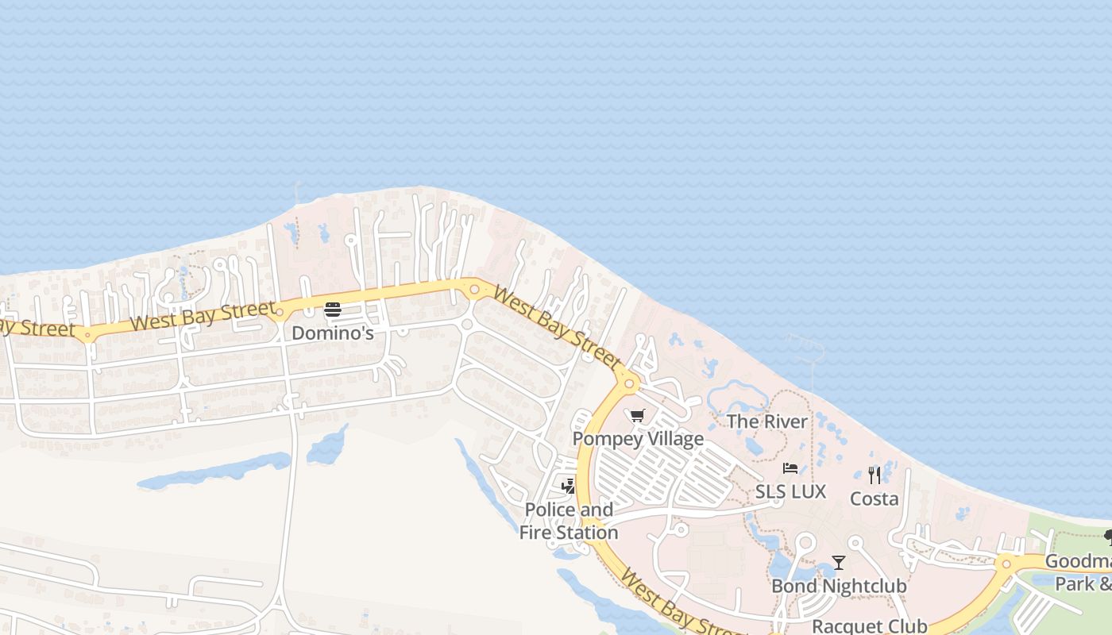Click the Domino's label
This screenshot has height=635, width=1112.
(332, 333)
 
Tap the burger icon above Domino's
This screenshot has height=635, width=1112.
(332, 310)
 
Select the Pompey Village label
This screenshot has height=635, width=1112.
(638, 439)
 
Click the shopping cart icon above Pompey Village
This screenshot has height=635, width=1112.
(637, 416)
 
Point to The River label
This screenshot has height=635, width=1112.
(766, 421)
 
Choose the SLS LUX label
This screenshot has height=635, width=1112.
(790, 492)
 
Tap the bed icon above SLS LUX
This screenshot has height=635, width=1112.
(790, 469)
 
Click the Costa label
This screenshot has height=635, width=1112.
(874, 499)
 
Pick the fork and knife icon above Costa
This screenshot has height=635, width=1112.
(874, 475)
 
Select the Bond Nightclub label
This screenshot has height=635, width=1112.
(839, 587)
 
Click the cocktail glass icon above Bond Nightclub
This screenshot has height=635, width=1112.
(839, 563)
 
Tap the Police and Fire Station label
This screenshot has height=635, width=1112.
(569, 521)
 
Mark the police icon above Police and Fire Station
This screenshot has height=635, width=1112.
(568, 486)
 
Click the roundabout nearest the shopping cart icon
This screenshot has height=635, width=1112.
(629, 383)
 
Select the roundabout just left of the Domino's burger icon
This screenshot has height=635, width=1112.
(280, 312)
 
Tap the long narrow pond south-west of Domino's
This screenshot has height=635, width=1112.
(214, 471)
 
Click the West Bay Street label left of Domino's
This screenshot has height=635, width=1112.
(203, 316)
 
